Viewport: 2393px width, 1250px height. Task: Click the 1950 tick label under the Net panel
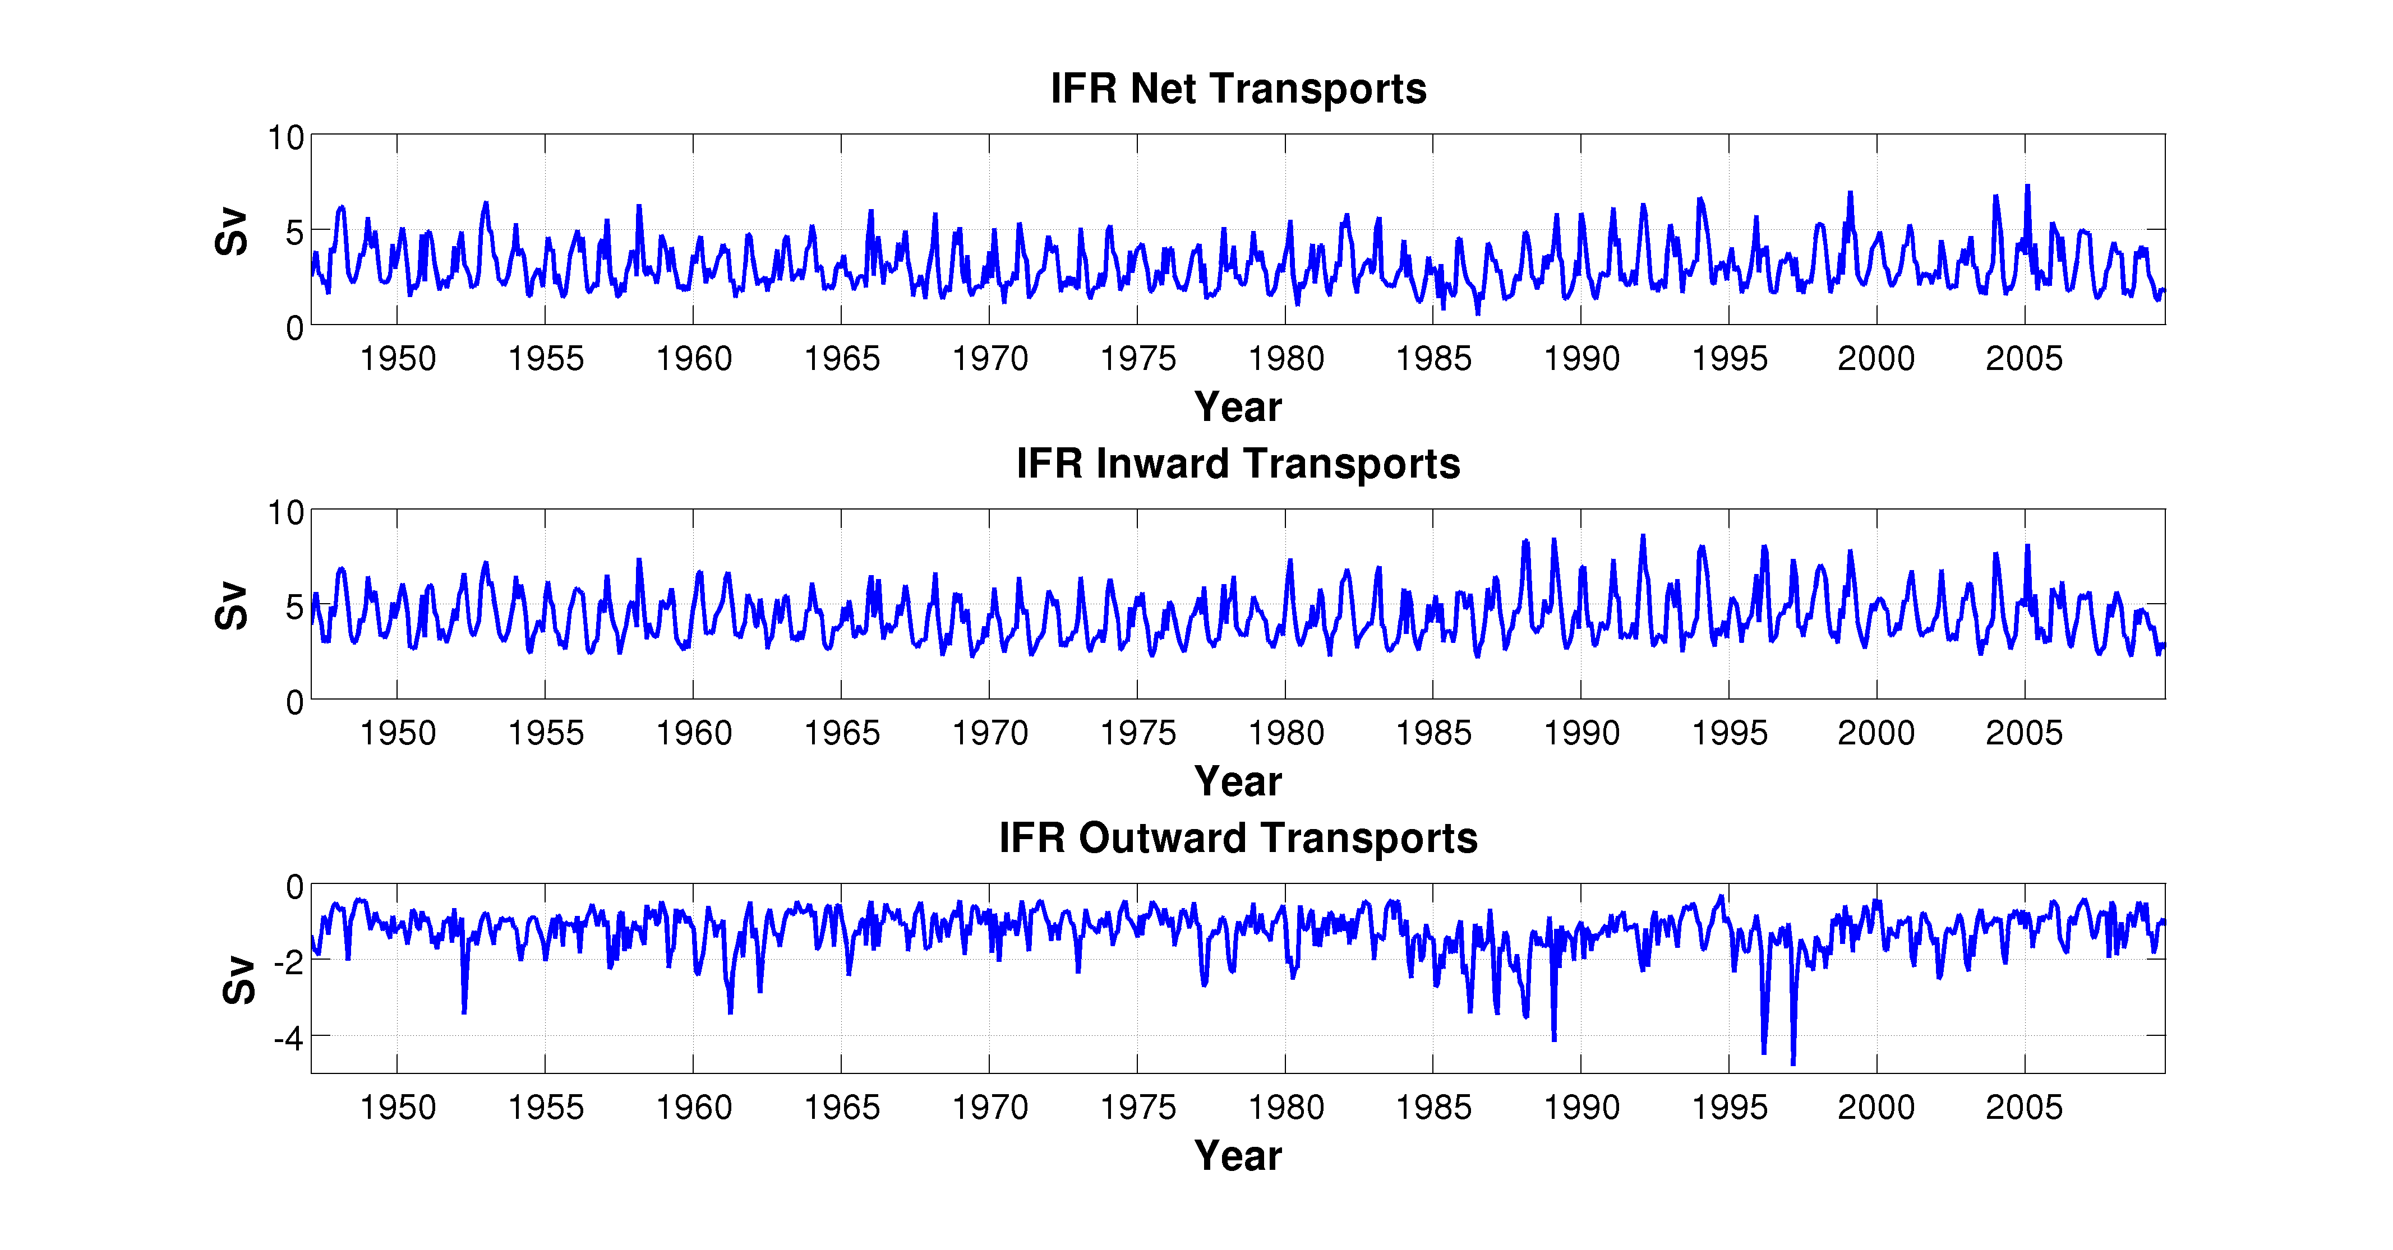click(x=398, y=359)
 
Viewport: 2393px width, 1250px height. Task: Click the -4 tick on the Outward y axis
click(x=289, y=1038)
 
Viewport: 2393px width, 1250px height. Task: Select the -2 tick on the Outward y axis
click(x=289, y=961)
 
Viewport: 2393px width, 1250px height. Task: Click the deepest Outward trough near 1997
click(x=1793, y=1062)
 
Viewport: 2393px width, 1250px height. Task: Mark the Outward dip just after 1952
click(x=464, y=1011)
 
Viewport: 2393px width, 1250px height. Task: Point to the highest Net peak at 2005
click(x=2028, y=187)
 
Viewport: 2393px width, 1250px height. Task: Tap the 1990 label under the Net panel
click(x=1581, y=359)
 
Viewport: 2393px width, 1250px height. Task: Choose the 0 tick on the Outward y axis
click(x=294, y=887)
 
